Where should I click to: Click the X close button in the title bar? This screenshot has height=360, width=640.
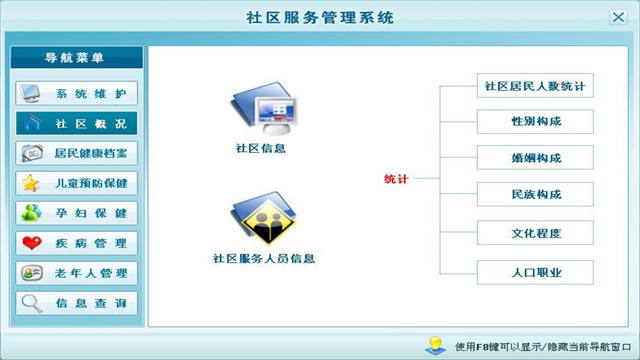[x=618, y=17]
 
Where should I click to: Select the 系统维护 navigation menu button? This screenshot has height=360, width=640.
[x=76, y=93]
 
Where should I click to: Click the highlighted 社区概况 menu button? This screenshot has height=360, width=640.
[x=76, y=123]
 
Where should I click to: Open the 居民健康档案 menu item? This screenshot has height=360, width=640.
[x=76, y=153]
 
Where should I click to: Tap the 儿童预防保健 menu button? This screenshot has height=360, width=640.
[x=76, y=183]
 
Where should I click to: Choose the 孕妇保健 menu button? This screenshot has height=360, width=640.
[x=76, y=213]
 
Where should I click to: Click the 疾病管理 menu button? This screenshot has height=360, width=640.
[x=76, y=243]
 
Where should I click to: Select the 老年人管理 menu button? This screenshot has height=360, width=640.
[x=76, y=273]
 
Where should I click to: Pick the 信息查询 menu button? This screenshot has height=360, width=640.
[x=76, y=303]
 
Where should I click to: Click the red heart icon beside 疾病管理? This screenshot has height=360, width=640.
[x=31, y=243]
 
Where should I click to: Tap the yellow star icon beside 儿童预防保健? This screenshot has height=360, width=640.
[x=30, y=183]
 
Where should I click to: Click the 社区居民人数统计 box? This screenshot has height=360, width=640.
[x=535, y=86]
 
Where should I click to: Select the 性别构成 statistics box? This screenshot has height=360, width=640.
[x=535, y=122]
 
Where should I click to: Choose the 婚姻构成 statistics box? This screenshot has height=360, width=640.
[x=535, y=158]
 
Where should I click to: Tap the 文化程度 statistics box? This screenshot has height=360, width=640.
[x=535, y=233]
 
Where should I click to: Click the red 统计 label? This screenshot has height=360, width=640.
[x=396, y=179]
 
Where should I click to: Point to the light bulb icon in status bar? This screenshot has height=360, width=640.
[x=435, y=345]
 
